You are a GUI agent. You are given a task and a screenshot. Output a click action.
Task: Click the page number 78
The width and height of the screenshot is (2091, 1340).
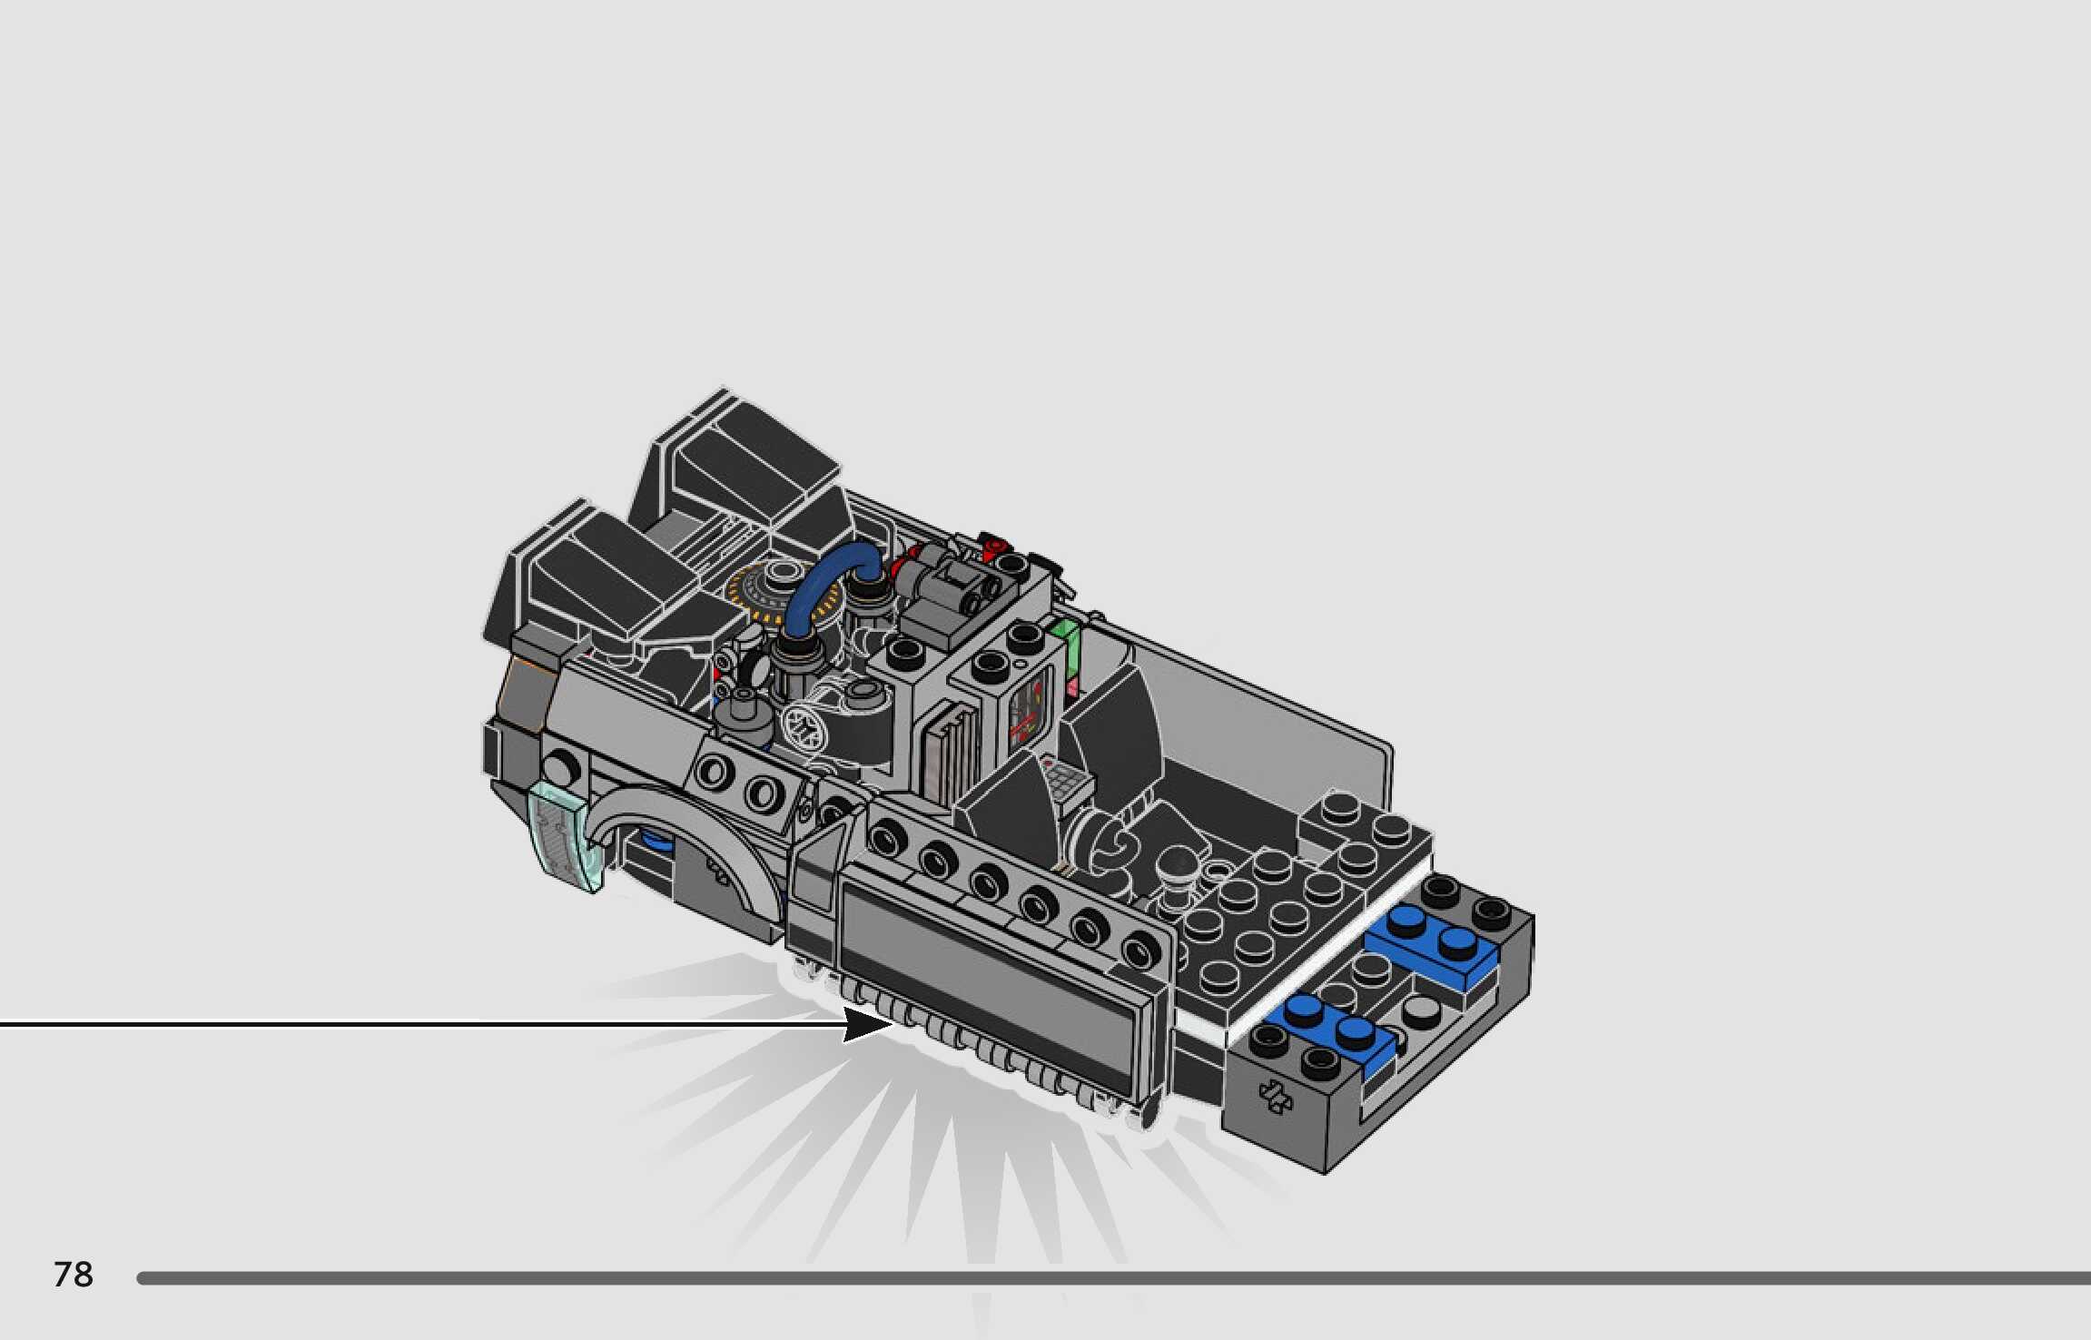(74, 1275)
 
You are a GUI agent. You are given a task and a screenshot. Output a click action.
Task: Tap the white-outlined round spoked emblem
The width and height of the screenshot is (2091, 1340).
(804, 727)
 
